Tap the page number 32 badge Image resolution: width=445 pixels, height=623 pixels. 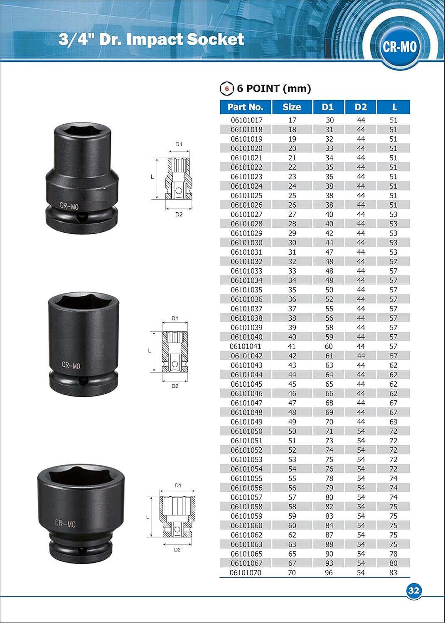[413, 591]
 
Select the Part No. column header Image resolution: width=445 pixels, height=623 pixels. [245, 107]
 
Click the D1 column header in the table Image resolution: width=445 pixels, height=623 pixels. [328, 107]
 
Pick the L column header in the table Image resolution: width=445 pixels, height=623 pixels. [393, 107]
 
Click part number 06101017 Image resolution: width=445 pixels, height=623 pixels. [246, 120]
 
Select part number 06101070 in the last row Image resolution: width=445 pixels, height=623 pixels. [246, 573]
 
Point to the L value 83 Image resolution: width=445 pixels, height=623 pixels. [393, 573]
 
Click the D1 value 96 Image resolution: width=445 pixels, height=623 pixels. [329, 573]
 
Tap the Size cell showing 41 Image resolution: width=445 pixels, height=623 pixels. [292, 346]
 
